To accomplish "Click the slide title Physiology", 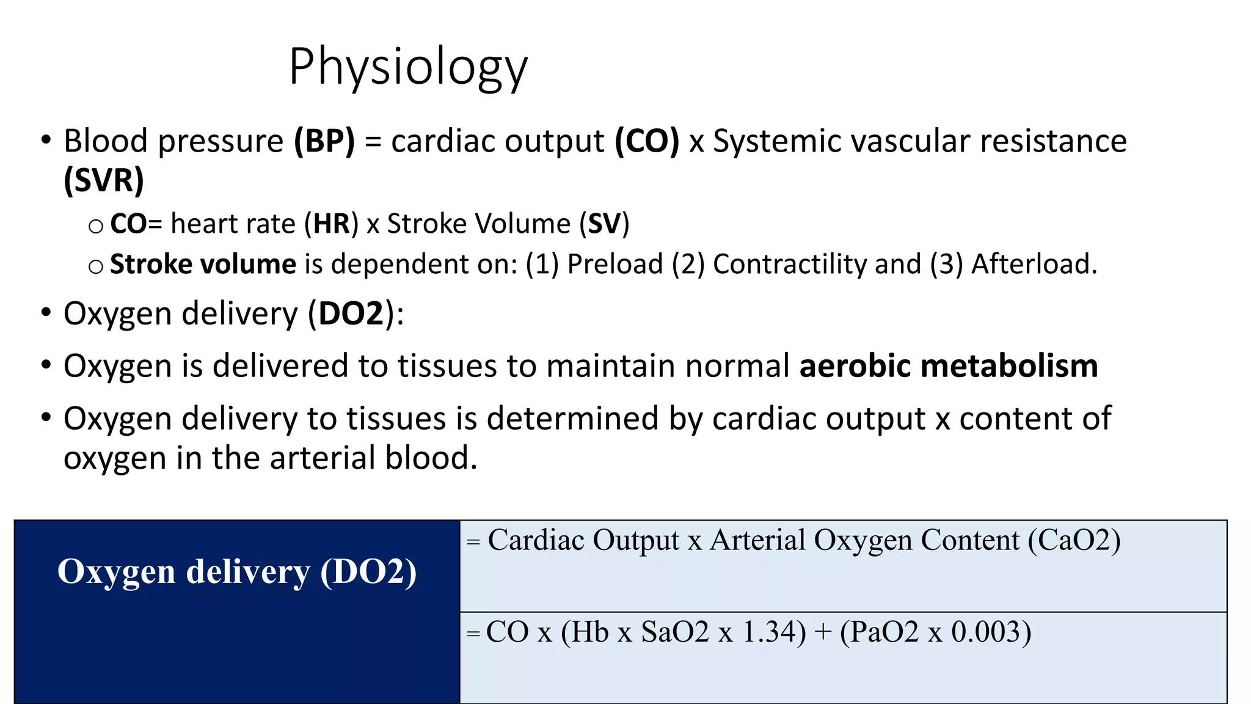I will coord(408,67).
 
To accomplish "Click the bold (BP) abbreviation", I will coord(324,141).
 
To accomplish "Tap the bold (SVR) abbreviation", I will coord(104,180).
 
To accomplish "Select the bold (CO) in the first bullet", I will coord(647,141).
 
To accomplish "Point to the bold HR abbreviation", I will coord(332,224).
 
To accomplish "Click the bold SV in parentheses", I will coord(604,224).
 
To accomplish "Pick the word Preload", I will coord(615,264).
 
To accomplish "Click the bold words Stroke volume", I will coord(203,264).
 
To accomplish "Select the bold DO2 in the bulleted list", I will coord(351,313).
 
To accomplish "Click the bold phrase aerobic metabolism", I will coord(949,366).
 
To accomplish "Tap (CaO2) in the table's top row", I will coord(1074,540).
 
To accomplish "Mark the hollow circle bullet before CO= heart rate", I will coord(96,227).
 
